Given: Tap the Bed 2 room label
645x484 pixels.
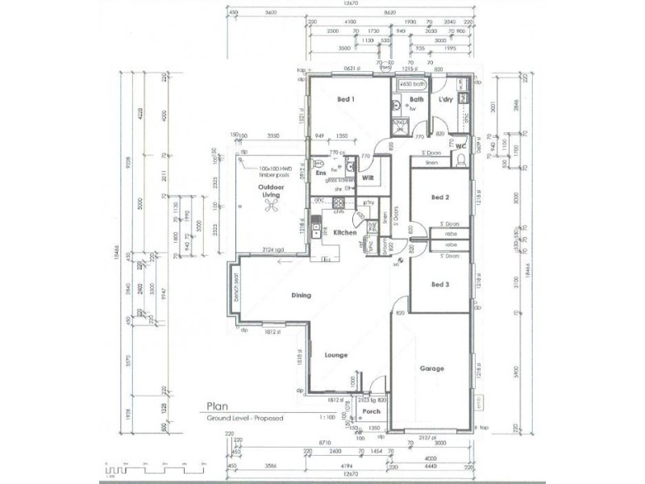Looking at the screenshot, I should click(439, 197).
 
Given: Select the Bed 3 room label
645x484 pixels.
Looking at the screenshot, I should click(439, 284).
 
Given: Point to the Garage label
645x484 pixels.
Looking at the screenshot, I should click(432, 369).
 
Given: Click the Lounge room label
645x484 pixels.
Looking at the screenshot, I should click(335, 354).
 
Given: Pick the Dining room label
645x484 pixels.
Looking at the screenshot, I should click(302, 296).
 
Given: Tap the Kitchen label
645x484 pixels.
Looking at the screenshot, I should click(345, 232).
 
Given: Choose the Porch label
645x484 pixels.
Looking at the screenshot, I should click(372, 411).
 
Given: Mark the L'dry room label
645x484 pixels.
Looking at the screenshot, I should click(445, 100).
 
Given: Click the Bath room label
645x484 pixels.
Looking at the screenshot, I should click(416, 100).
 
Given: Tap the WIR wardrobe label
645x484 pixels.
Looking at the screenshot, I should click(367, 176).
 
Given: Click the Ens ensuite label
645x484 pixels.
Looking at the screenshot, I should click(321, 173).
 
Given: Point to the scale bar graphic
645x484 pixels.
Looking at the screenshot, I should click(145, 469).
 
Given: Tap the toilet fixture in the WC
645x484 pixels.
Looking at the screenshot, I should click(460, 161).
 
